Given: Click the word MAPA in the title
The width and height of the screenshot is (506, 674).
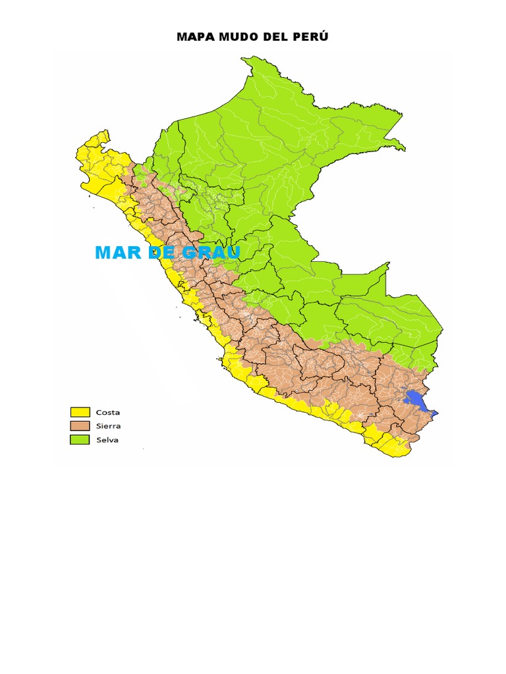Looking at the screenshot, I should coord(193,37).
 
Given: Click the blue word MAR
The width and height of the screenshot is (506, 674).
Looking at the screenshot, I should coord(119,253).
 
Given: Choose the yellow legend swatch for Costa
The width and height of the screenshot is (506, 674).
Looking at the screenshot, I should coord(80,412).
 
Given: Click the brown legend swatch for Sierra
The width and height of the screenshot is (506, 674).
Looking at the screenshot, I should coord(80,426).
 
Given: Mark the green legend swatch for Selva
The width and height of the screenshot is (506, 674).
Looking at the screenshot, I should coord(80,440).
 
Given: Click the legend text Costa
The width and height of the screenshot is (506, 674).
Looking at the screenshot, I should coord(107,412).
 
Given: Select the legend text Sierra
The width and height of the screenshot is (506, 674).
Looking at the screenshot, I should coord(108,426).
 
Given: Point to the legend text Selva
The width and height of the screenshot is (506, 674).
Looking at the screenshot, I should coord(107,440).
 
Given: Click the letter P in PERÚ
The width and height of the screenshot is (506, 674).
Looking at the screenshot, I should coord(295,37).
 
